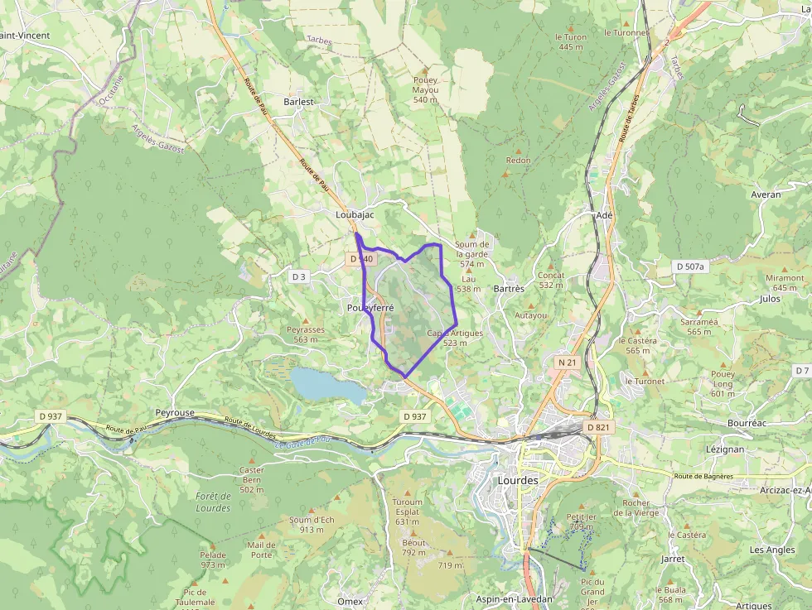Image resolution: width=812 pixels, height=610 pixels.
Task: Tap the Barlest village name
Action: click(299, 102)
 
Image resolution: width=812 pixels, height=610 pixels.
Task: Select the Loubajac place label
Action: click(355, 214)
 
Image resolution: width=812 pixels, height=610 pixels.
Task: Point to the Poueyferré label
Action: click(370, 307)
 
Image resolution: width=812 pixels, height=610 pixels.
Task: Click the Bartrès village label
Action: click(509, 289)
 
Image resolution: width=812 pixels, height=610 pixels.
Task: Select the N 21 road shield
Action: click(567, 363)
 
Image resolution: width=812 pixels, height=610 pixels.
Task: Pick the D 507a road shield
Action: click(689, 267)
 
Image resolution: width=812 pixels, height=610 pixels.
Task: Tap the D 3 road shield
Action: click(299, 276)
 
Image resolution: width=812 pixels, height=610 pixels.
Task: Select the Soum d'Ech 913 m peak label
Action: click(312, 524)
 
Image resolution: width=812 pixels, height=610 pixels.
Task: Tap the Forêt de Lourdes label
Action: click(213, 502)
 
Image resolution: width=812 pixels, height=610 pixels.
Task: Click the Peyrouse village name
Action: click(175, 412)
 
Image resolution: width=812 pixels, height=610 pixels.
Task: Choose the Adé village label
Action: click(604, 215)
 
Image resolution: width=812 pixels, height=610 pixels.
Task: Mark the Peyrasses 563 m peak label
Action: click(305, 334)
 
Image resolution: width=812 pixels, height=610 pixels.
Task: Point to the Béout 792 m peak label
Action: click(413, 548)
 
